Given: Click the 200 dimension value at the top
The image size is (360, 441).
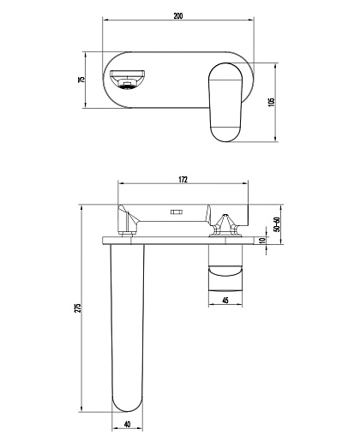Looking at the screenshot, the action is [x=178, y=15].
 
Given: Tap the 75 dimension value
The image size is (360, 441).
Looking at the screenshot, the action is [x=81, y=80].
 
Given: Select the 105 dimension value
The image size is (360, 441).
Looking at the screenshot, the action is [x=272, y=102].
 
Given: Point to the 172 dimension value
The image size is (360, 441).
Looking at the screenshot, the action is [x=183, y=179].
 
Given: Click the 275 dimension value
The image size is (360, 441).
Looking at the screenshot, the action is [x=78, y=307].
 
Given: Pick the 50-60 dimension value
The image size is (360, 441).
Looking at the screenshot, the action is [x=277, y=224].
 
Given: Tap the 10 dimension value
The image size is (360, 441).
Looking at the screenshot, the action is [x=262, y=240].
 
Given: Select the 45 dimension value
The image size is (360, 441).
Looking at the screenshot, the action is [x=225, y=301].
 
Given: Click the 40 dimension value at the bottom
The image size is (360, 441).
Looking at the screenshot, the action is [x=127, y=424].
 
